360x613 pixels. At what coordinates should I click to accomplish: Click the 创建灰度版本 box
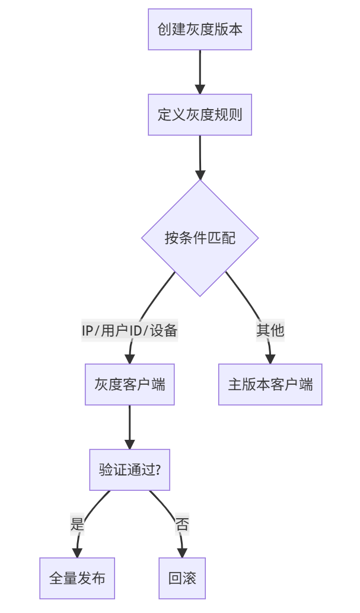pos(200,29)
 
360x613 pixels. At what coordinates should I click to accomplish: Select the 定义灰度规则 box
pos(200,114)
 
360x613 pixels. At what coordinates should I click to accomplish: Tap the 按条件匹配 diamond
pos(200,238)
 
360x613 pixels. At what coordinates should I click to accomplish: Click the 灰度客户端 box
pos(130,384)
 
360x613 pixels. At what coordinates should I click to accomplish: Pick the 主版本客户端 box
pos(270,384)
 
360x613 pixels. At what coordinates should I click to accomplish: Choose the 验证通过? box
pos(130,470)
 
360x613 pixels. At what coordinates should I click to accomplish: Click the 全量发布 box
pos(77,578)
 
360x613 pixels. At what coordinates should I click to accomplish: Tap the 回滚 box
pos(182,578)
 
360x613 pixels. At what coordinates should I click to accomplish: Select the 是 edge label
pos(77,524)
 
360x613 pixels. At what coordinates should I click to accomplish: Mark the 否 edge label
pos(182,524)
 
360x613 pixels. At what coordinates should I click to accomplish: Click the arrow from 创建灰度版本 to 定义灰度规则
pos(200,71)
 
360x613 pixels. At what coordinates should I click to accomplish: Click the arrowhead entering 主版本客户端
pos(270,359)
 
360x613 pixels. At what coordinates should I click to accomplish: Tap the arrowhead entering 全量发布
pos(77,553)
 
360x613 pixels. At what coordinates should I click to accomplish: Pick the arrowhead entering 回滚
pos(182,553)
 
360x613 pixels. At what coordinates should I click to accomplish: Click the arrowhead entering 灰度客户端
pos(130,359)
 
